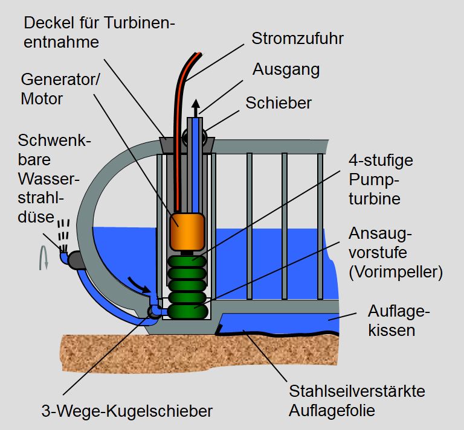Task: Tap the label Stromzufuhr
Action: (x=297, y=39)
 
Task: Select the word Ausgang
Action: (x=286, y=70)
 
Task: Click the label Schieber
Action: (x=279, y=103)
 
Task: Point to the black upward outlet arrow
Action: (x=196, y=109)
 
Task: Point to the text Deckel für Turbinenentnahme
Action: (x=100, y=33)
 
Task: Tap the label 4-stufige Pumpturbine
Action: (x=374, y=180)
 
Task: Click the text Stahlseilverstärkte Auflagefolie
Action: (x=356, y=401)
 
